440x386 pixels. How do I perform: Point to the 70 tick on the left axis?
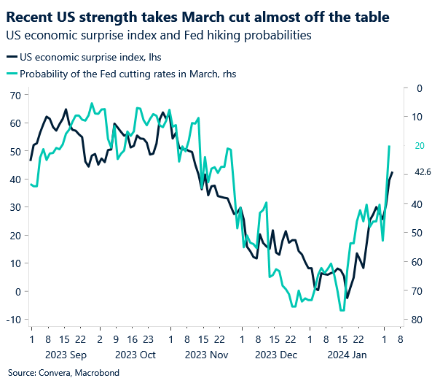click(x=15, y=96)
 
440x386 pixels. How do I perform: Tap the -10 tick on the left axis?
click(x=12, y=319)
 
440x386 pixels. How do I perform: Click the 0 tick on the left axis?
click(x=17, y=291)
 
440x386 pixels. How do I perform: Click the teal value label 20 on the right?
click(x=419, y=146)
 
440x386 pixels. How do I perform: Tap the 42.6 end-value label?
click(x=423, y=173)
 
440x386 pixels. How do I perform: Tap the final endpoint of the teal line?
click(x=389, y=147)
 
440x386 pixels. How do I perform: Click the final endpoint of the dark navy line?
click(x=392, y=173)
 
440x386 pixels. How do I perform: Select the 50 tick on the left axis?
click(x=15, y=151)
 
